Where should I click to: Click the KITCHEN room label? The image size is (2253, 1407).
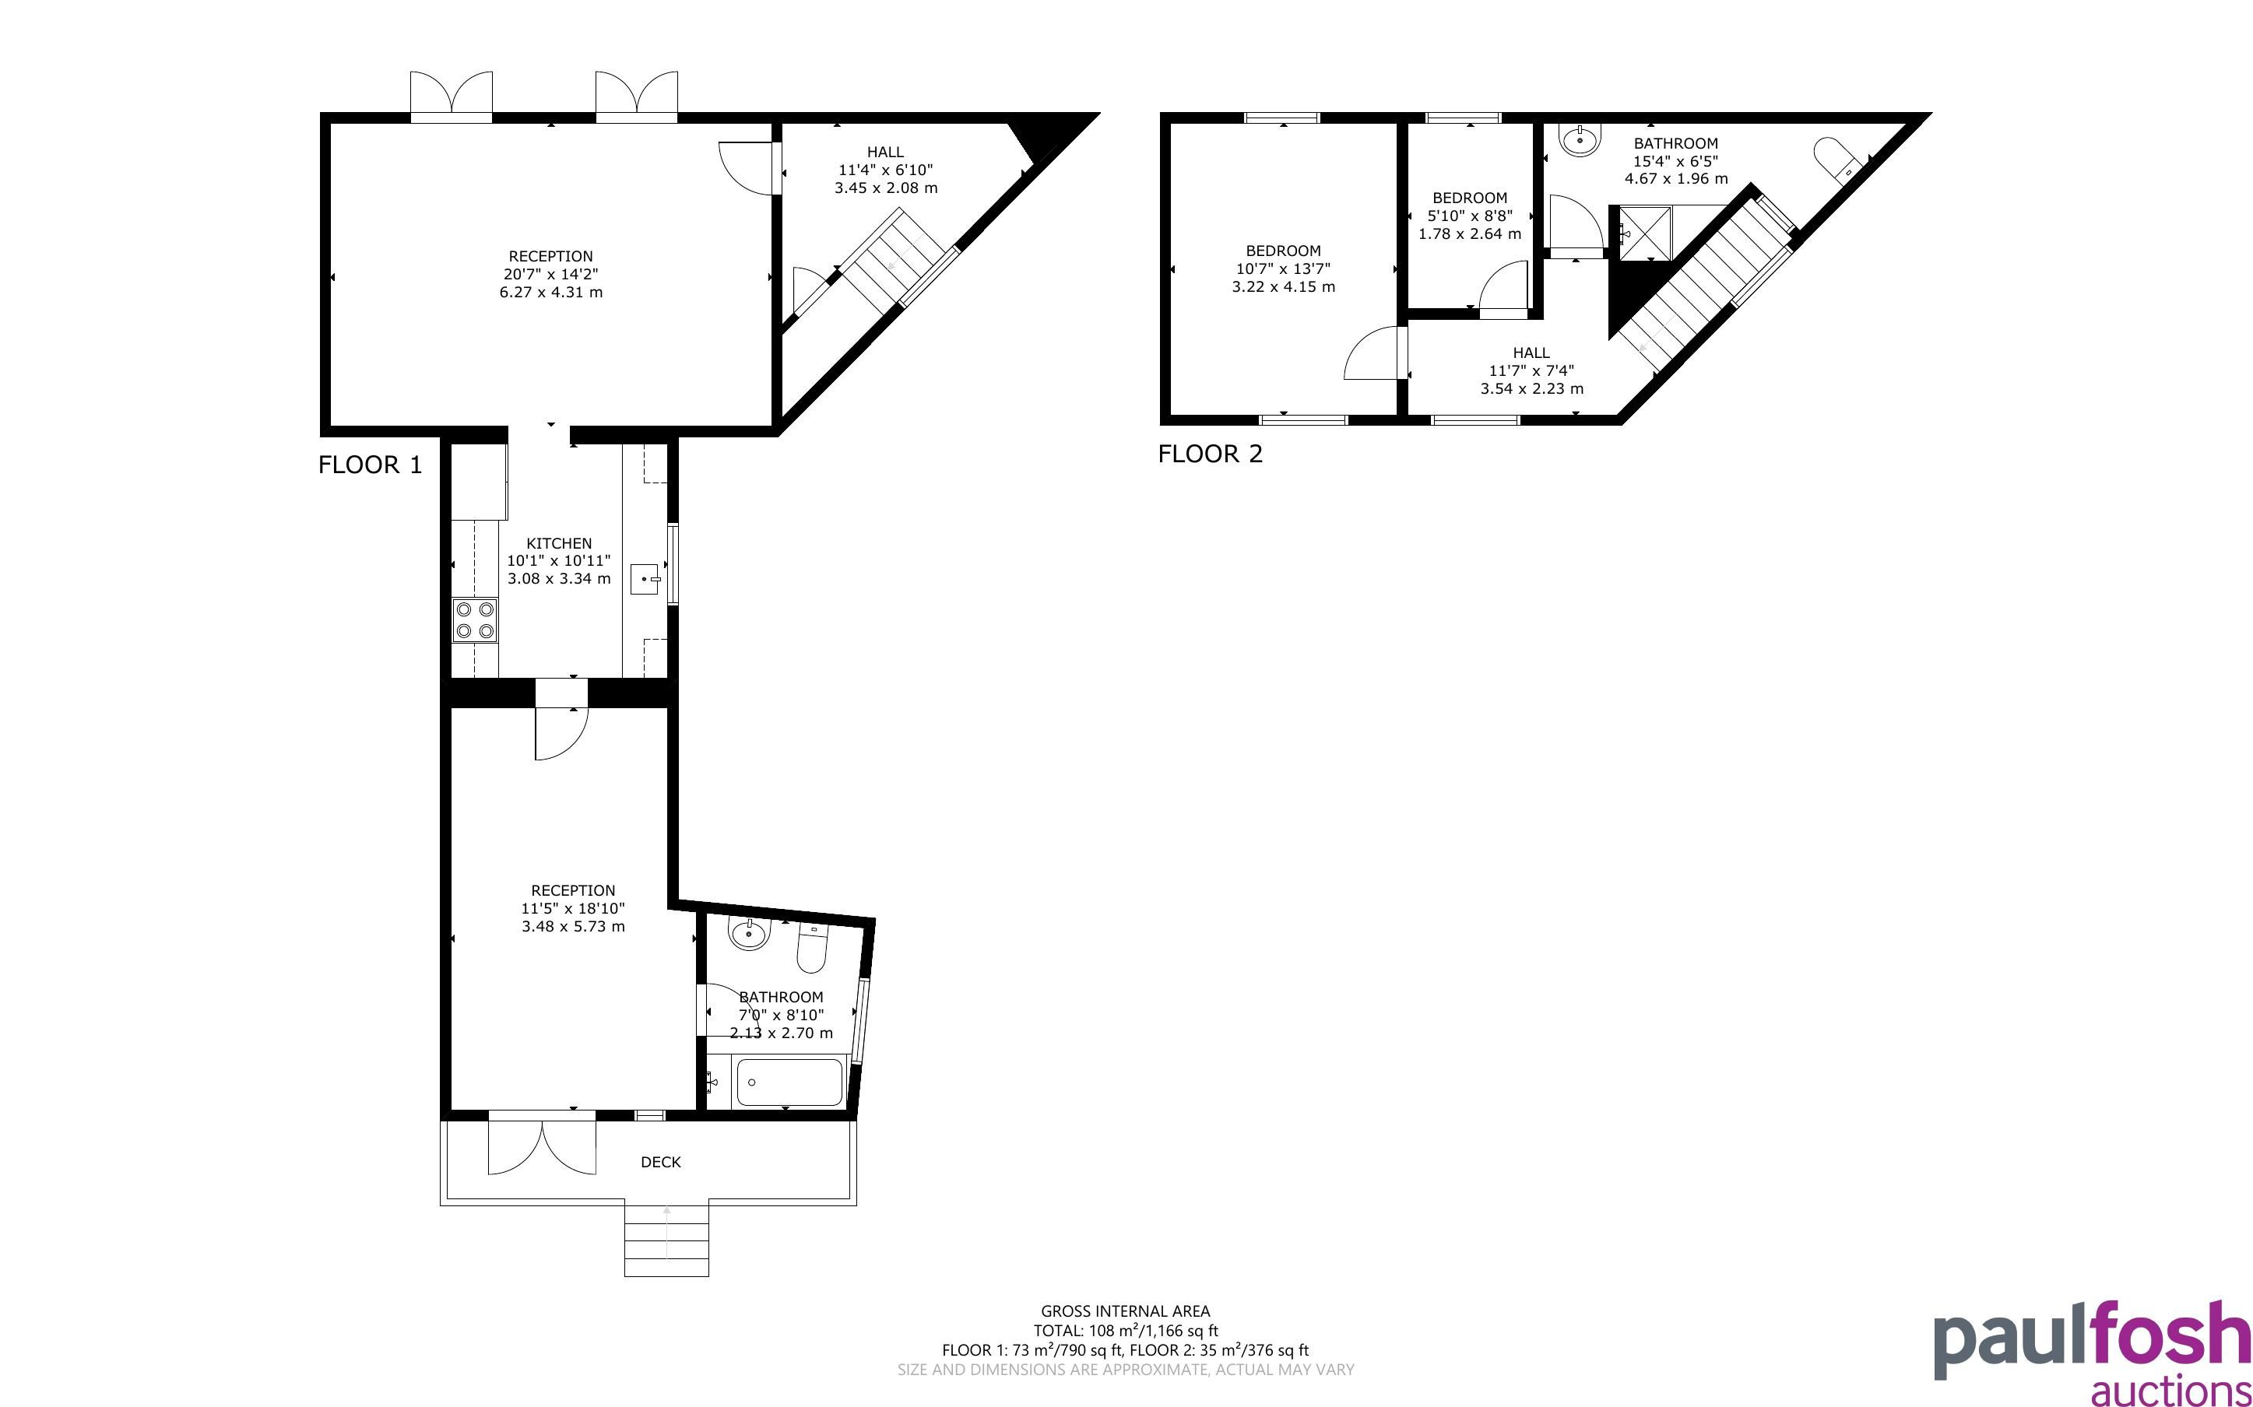pos(558,543)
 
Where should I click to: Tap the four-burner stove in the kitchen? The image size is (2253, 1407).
pos(475,621)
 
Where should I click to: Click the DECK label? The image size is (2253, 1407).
pos(661,1163)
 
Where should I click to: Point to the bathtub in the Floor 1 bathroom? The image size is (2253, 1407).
pos(789,1082)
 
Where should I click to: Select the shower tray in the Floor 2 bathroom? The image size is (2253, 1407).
pos(1644,233)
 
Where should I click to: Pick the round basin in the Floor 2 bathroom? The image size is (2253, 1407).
pos(1580,139)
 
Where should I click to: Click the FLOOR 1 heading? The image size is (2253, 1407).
pos(371,465)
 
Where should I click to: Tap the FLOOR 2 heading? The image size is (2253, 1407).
pos(1211,454)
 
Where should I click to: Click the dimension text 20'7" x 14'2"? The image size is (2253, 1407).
pos(551,275)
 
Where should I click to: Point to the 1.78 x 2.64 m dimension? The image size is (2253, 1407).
pos(1469,233)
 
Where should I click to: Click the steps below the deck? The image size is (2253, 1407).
pos(666,1240)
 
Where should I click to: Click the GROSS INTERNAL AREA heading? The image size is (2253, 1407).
pos(1125,1312)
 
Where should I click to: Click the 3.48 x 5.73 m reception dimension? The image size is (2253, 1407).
pos(573,927)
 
